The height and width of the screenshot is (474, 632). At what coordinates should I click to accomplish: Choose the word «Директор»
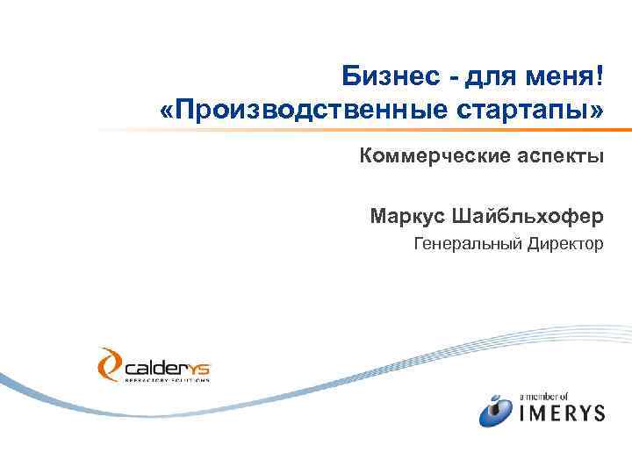point(565,242)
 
